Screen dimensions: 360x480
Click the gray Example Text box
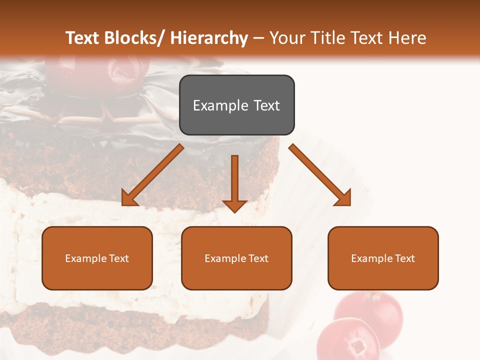click(x=236, y=105)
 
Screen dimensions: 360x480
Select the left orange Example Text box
click(x=97, y=258)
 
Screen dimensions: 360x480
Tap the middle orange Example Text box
click(x=236, y=258)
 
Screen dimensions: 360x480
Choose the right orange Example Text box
click(x=383, y=258)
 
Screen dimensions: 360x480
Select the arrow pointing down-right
click(x=320, y=175)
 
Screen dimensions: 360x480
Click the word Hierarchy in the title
click(x=209, y=38)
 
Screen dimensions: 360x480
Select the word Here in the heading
click(x=407, y=38)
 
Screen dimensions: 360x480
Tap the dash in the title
click(x=258, y=38)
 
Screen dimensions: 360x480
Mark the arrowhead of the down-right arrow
click(x=344, y=198)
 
